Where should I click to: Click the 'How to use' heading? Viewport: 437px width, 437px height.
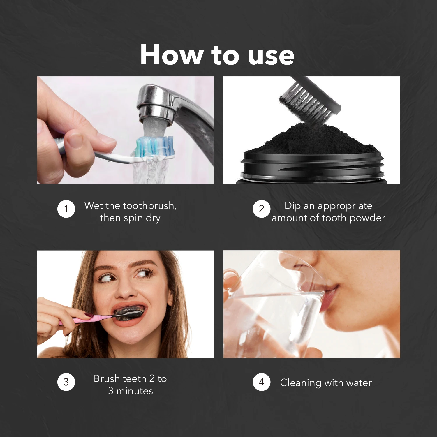(x=217, y=55)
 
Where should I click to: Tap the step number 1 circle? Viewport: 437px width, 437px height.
(x=66, y=209)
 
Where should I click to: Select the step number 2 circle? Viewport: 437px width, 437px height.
(x=261, y=209)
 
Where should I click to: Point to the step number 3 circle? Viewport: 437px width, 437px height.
(x=66, y=382)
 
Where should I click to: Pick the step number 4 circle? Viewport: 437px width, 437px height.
(x=261, y=382)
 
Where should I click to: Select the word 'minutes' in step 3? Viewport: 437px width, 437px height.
(x=135, y=391)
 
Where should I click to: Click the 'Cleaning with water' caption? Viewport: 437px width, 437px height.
(x=326, y=383)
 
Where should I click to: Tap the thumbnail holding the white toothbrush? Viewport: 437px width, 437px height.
(x=74, y=141)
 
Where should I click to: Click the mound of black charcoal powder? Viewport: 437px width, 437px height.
(x=312, y=140)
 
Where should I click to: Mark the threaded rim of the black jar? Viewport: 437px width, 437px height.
(x=312, y=168)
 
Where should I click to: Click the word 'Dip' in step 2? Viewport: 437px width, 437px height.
(x=292, y=206)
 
